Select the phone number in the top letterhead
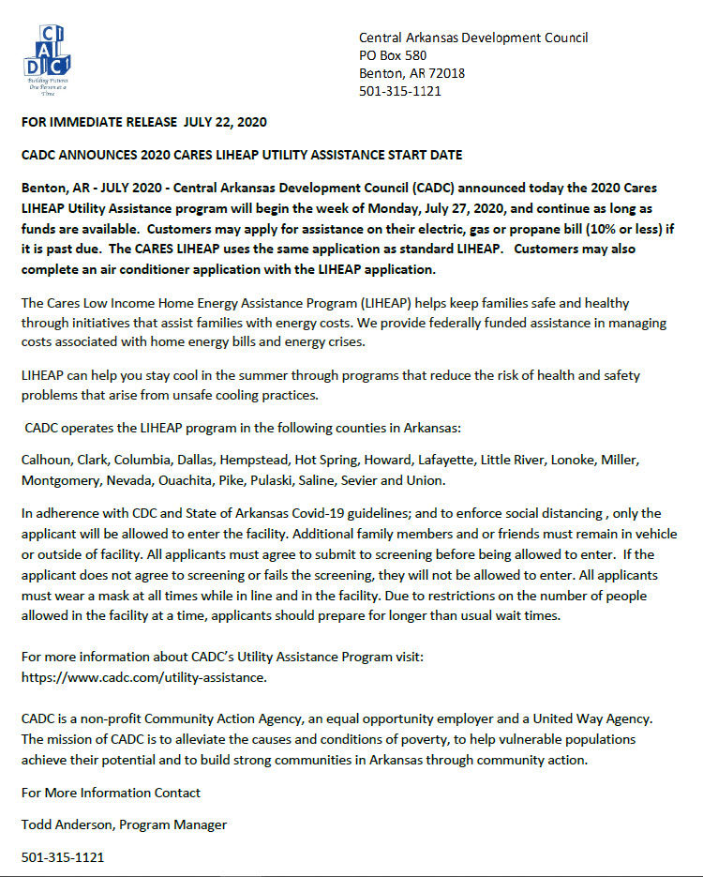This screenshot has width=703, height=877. click(x=400, y=91)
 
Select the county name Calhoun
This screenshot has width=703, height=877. click(x=44, y=461)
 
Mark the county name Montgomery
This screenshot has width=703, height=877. click(x=58, y=481)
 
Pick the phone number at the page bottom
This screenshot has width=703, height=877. click(x=62, y=857)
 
